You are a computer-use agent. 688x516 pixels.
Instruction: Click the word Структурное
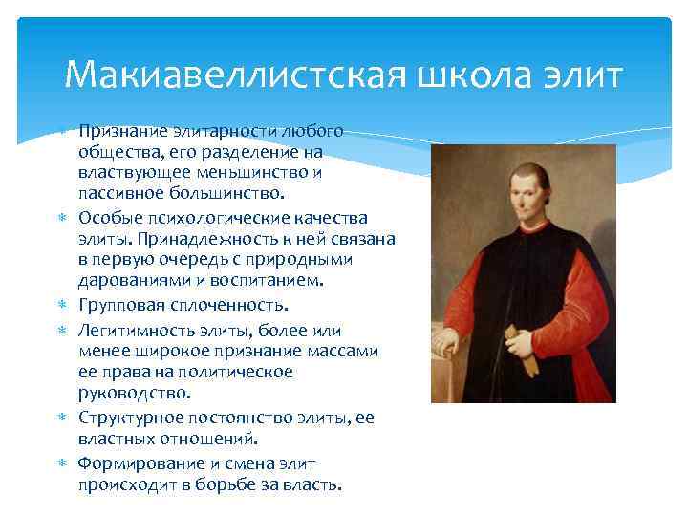pyautogui.click(x=128, y=417)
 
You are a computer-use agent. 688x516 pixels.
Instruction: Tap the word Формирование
pyautogui.click(x=135, y=462)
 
